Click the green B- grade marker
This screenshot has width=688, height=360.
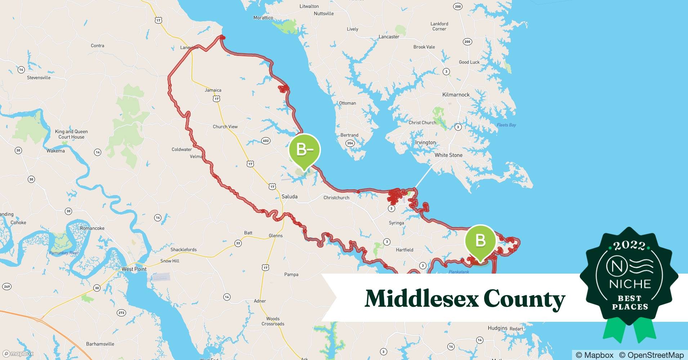304,149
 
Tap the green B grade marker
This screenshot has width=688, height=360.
481,240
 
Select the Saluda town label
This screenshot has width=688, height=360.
290,197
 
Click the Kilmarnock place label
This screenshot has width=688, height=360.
456,95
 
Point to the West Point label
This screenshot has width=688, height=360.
134,269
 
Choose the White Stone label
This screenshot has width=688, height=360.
448,155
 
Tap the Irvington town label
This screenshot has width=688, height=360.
425,143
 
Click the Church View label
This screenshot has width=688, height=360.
225,127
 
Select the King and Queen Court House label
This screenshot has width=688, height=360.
71,134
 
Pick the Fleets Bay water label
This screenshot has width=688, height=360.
506,125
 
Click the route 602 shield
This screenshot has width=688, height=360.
266,141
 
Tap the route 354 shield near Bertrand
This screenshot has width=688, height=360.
350,143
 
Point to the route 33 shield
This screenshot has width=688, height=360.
238,243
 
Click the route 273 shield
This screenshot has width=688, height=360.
121,312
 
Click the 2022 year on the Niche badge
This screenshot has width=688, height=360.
629,246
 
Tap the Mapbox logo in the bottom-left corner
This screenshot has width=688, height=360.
18,354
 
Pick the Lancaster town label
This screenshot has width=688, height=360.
389,37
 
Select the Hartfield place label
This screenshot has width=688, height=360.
405,250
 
